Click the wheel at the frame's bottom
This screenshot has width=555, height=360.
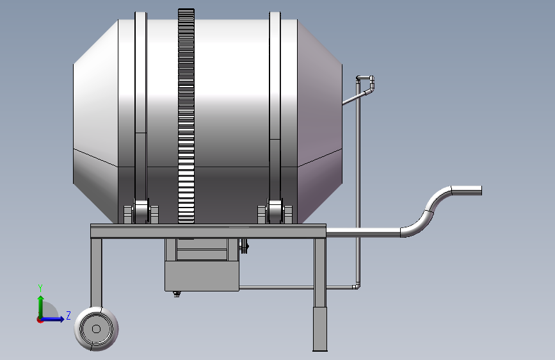pos(96,329)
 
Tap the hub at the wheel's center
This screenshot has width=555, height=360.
pos(96,329)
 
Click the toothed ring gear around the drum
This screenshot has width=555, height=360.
pos(186,116)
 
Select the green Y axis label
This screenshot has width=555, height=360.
pos(40,288)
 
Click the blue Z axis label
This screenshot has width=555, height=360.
pos(68,315)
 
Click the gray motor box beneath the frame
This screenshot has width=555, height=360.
pos(202,276)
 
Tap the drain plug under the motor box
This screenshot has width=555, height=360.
pos(177,294)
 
